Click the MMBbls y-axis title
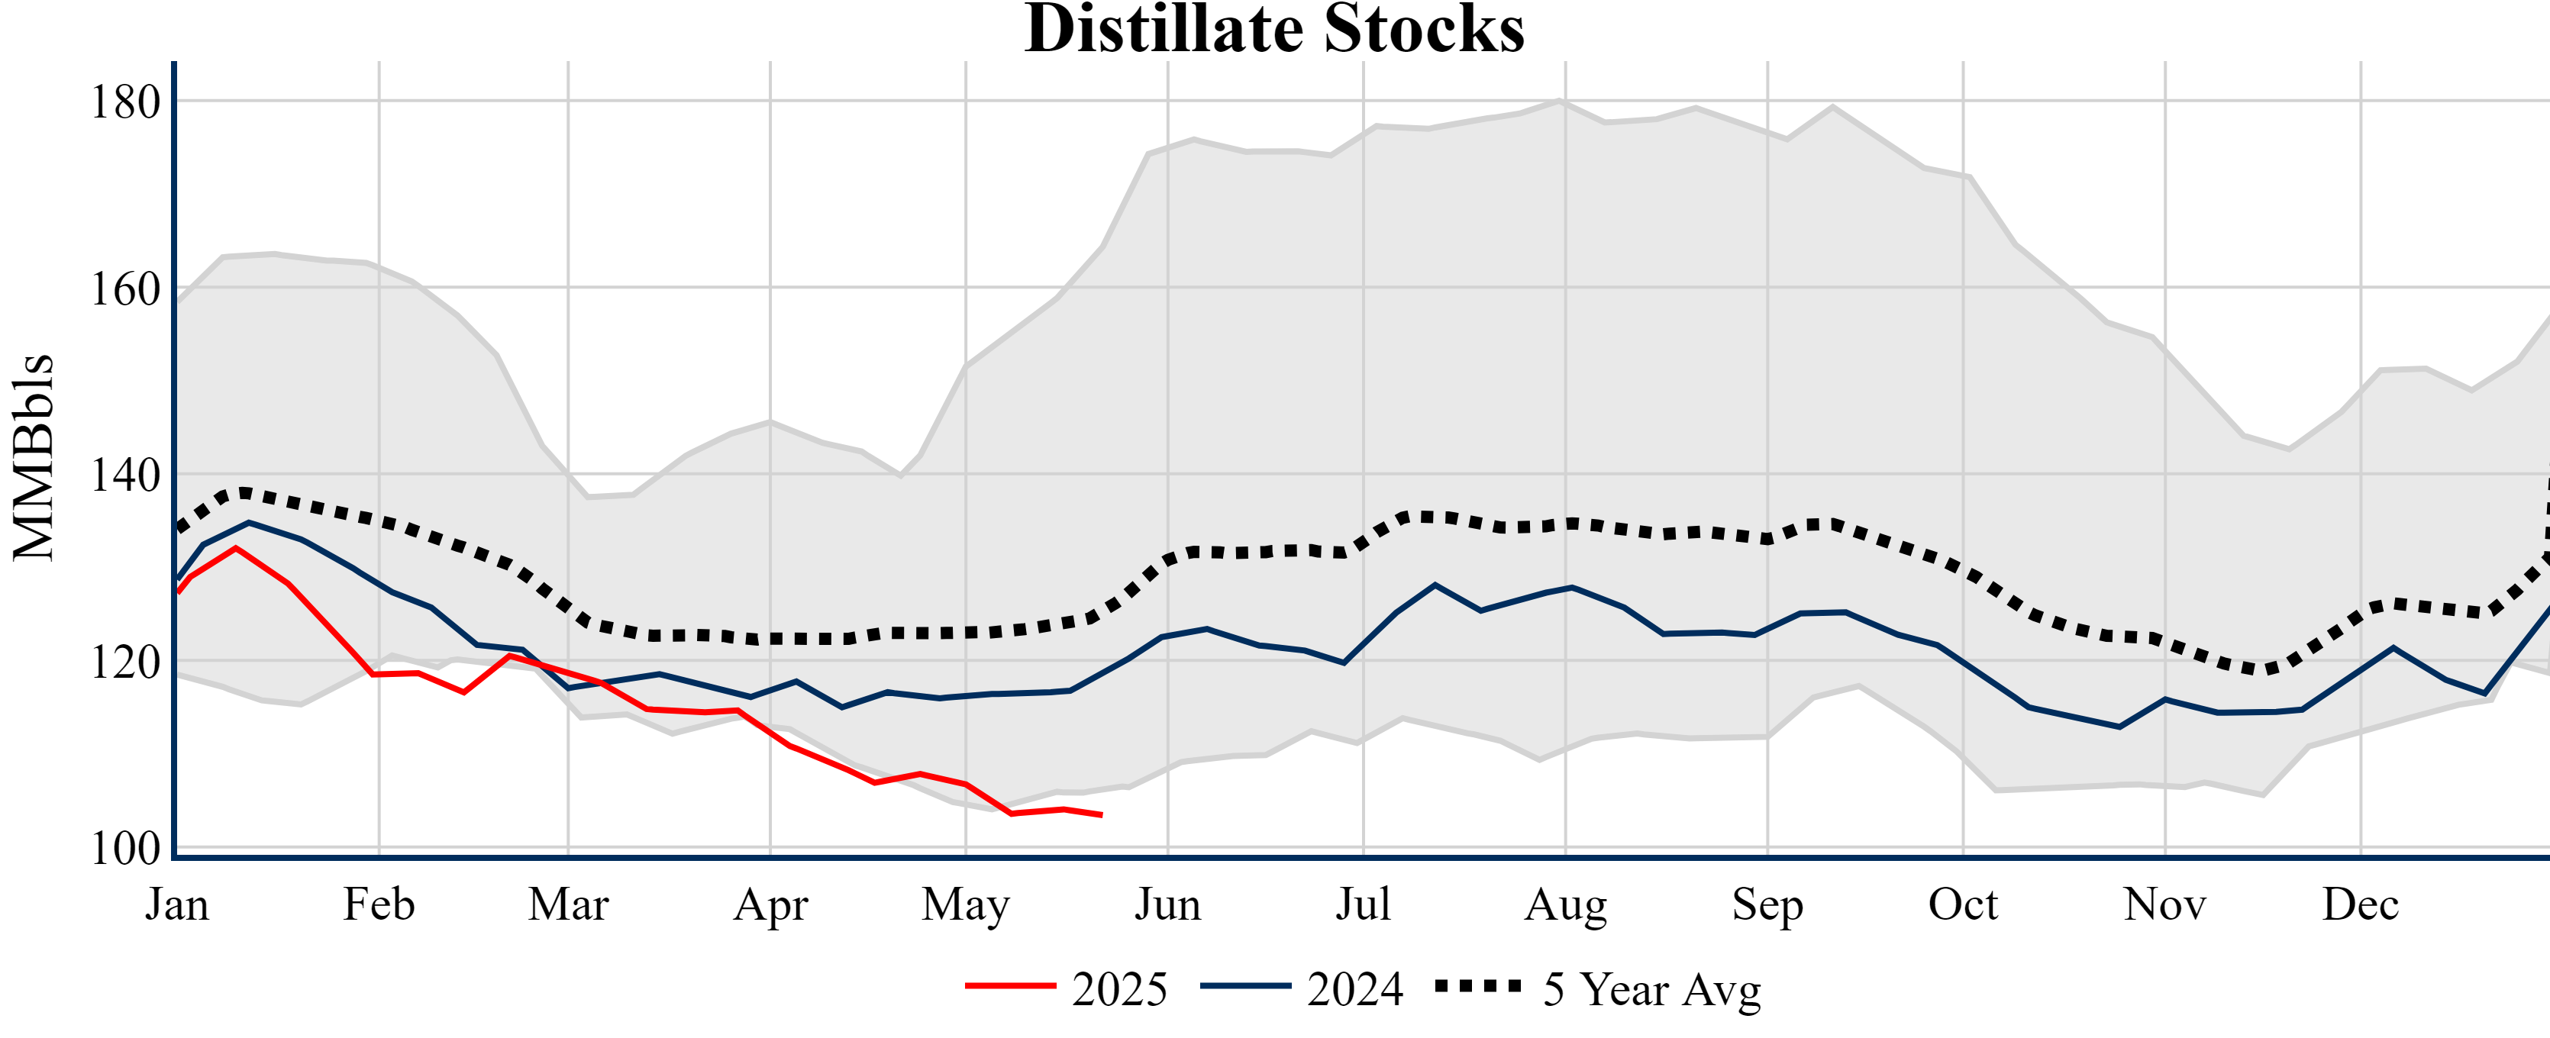click(x=34, y=457)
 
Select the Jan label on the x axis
click(x=177, y=904)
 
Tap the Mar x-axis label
click(x=568, y=904)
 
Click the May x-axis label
click(x=965, y=904)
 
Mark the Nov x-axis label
click(x=2165, y=904)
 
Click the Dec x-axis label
click(x=2360, y=904)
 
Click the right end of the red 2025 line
click(x=1101, y=814)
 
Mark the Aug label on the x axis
click(x=1565, y=904)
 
